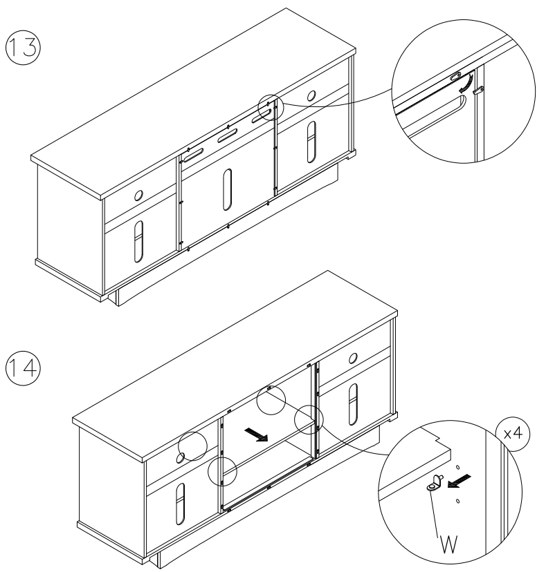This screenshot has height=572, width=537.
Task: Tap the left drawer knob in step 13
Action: tap(138, 196)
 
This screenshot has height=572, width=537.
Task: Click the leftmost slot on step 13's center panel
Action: tap(193, 152)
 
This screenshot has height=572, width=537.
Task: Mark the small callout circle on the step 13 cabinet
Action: tap(268, 106)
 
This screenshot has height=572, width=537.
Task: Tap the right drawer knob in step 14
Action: tap(354, 356)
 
